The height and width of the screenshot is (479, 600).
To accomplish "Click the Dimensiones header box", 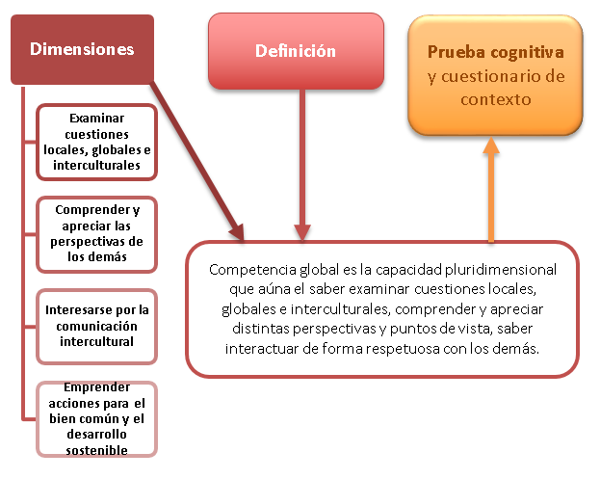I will coord(82,49).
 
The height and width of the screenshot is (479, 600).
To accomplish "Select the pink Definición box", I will coord(296,51).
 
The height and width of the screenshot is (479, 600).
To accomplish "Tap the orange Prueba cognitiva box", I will coord(495,75).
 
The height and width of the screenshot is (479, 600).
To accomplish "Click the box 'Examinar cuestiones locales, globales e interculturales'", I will coord(97,141).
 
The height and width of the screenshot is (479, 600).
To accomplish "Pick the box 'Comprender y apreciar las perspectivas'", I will coord(97,232).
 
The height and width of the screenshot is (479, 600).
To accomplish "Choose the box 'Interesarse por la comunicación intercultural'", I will coord(97,326).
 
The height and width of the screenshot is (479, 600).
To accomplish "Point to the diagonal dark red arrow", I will coord(198,161).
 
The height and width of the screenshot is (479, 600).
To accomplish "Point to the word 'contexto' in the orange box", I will coord(495,98).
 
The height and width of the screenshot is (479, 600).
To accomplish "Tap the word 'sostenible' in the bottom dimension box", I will coord(97,448).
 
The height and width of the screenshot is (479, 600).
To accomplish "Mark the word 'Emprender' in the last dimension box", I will coord(96,386).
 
